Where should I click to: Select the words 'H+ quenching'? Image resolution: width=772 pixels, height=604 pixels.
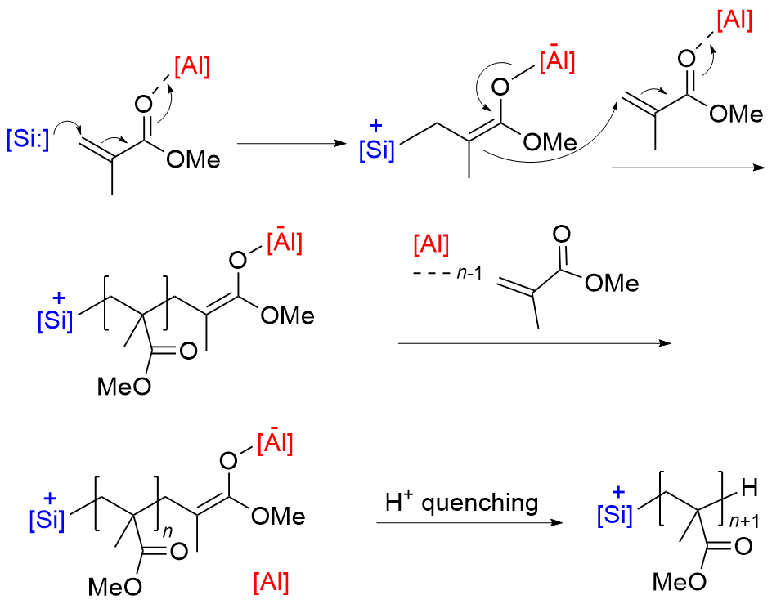[462, 503]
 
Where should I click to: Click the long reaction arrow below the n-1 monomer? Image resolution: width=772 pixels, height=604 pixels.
[532, 343]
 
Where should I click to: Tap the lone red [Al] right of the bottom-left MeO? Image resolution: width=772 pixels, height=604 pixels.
[271, 583]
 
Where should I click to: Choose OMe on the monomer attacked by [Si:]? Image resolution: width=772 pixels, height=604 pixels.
[193, 159]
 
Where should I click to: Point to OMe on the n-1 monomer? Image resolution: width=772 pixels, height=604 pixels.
[610, 283]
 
